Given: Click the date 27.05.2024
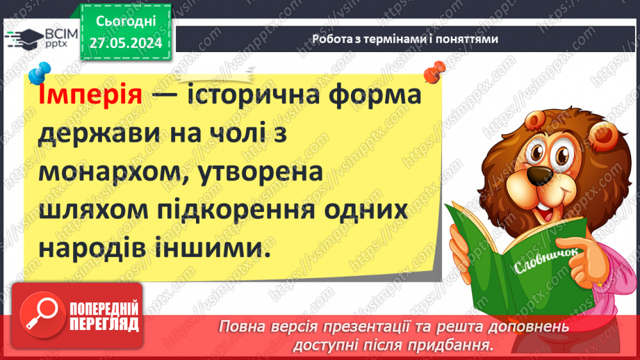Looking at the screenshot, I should pyautogui.click(x=125, y=43).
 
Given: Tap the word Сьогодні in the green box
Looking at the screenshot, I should pyautogui.click(x=125, y=23).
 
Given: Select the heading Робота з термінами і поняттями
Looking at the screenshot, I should pyautogui.click(x=404, y=39).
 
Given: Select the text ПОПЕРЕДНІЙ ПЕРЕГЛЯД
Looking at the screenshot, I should pyautogui.click(x=104, y=317).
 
